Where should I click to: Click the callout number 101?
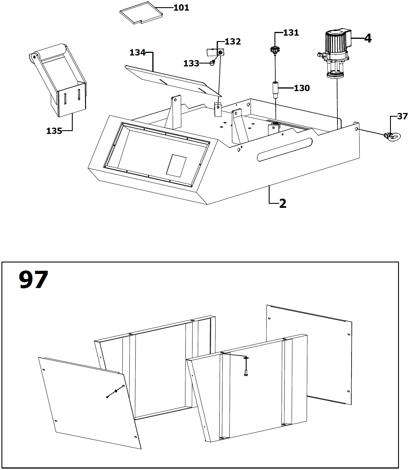[181, 8]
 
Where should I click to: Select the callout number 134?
[138, 53]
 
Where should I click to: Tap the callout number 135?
[54, 131]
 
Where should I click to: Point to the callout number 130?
[302, 88]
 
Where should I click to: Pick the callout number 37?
[403, 116]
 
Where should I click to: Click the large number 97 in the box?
[33, 280]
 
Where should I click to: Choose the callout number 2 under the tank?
[283, 204]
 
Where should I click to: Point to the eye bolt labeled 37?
[391, 136]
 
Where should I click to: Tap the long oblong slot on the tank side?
[285, 149]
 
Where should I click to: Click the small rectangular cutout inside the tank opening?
[176, 166]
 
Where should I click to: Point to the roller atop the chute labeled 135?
[49, 52]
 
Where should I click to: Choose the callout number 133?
[191, 63]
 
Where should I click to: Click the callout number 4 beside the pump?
[368, 39]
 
